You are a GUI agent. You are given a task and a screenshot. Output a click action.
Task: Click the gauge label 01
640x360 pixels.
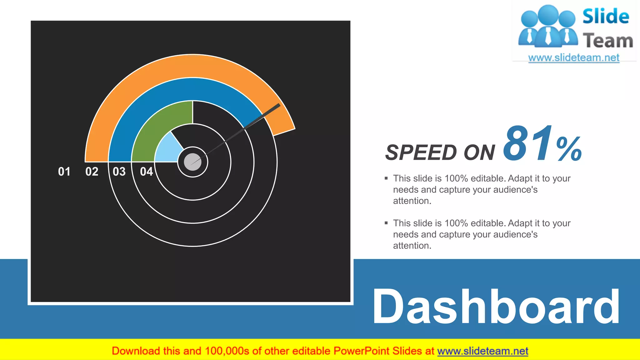pos(64,172)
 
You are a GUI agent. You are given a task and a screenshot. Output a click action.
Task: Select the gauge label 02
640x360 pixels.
pos(92,172)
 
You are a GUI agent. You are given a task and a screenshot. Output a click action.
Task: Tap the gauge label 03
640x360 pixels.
pos(119,172)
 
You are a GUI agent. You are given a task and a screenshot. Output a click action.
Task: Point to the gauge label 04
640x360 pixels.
pos(146,172)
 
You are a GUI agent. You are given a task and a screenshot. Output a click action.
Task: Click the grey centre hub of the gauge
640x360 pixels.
pos(192,162)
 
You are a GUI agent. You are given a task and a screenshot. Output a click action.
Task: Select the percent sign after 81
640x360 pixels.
pos(569,149)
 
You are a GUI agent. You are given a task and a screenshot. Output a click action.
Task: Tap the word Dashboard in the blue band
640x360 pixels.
pos(496,307)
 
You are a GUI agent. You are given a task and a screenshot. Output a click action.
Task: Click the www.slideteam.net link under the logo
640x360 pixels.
pos(574,57)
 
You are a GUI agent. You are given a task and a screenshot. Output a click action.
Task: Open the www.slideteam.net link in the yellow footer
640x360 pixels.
pos(482,351)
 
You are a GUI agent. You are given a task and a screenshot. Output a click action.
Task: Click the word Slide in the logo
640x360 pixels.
pos(606,16)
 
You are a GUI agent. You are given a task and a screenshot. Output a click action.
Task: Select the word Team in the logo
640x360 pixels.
pos(608,41)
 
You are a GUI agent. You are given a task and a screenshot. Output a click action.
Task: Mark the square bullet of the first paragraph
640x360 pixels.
pos(386,178)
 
